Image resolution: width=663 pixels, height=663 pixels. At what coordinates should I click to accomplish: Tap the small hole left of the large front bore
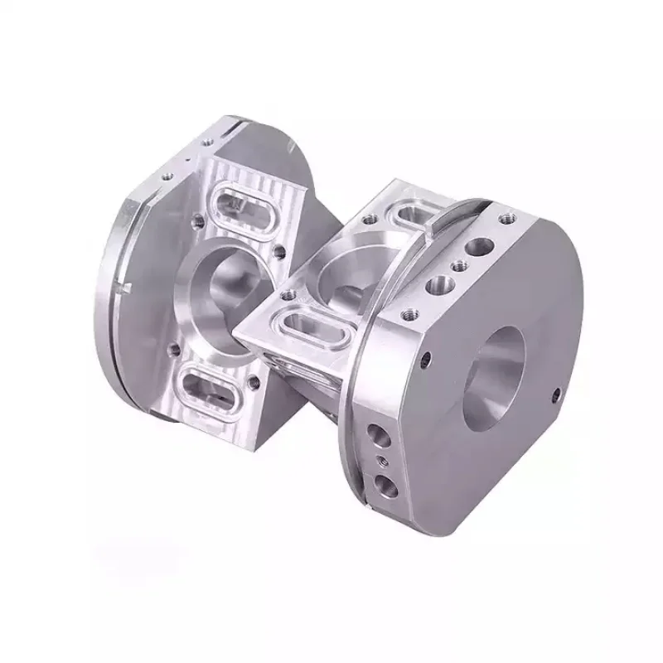pos(425,358)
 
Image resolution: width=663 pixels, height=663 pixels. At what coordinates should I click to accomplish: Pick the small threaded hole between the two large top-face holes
pos(455,268)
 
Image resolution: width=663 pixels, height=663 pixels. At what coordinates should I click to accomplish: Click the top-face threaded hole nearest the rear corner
pos(501,220)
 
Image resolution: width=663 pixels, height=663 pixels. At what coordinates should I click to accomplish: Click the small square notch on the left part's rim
pos(126,287)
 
